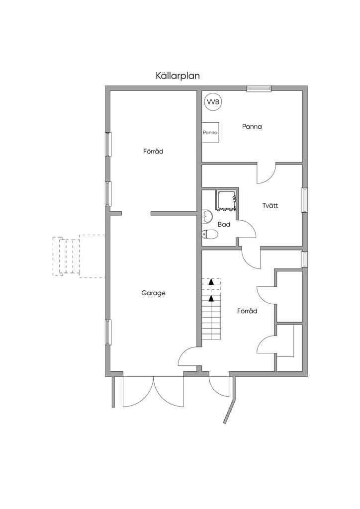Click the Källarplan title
click(x=178, y=76)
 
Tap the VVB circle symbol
click(x=213, y=102)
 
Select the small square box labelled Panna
click(x=210, y=132)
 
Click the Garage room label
click(x=153, y=293)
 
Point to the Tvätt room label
click(x=270, y=205)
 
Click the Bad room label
click(x=224, y=224)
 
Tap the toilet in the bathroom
click(x=209, y=234)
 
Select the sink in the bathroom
click(x=207, y=216)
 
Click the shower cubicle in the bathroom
click(x=226, y=201)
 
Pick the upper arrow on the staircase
click(x=211, y=282)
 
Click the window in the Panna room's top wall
click(x=259, y=88)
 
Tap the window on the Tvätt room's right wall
click(x=304, y=200)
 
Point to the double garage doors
click(x=154, y=391)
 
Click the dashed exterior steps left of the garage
click(x=79, y=256)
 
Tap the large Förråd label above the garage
click(x=153, y=151)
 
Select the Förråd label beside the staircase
click(x=247, y=311)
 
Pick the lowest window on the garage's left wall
click(x=108, y=332)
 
